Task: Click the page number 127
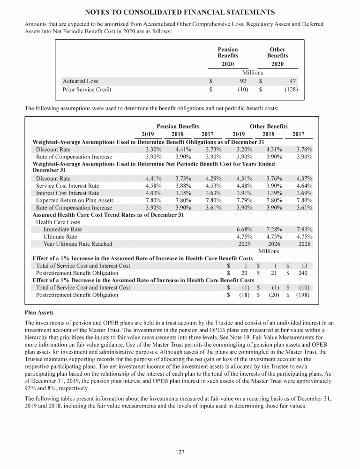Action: [180, 452]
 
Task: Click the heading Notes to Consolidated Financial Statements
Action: [180, 11]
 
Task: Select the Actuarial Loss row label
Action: [80, 81]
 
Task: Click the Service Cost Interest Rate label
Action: [67, 186]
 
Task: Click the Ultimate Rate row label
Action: [60, 237]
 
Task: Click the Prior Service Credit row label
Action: [87, 89]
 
